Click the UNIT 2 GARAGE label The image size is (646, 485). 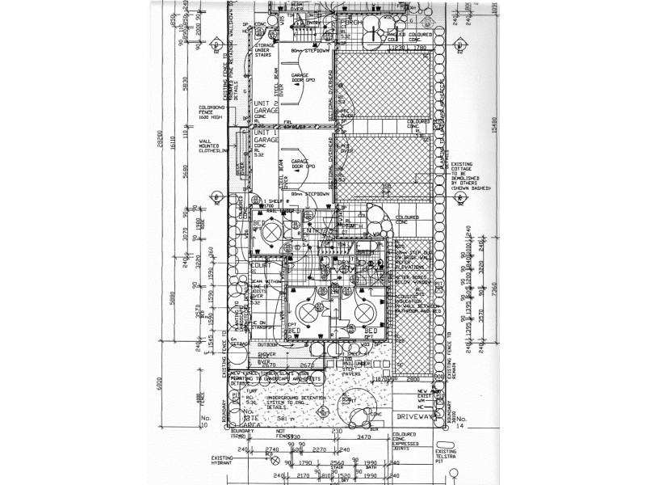click(x=266, y=108)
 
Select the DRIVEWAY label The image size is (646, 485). click(x=416, y=416)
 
